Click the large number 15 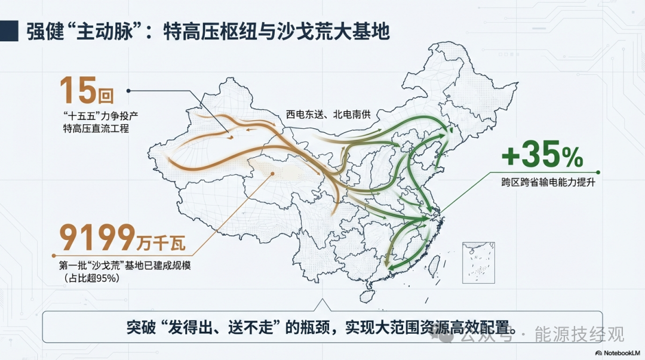click(78, 90)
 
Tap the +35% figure click(542, 157)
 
